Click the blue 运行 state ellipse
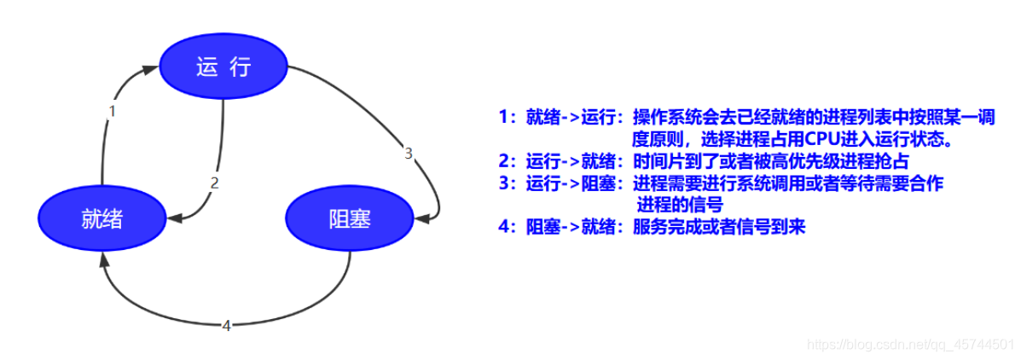223,67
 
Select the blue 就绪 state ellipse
102,219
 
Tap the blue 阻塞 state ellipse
349,219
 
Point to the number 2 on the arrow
215,182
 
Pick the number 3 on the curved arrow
409,154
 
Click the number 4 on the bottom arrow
226,325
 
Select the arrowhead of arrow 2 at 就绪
174,219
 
